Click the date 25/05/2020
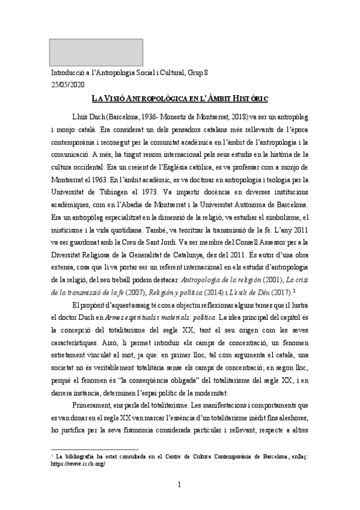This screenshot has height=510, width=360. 69,84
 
